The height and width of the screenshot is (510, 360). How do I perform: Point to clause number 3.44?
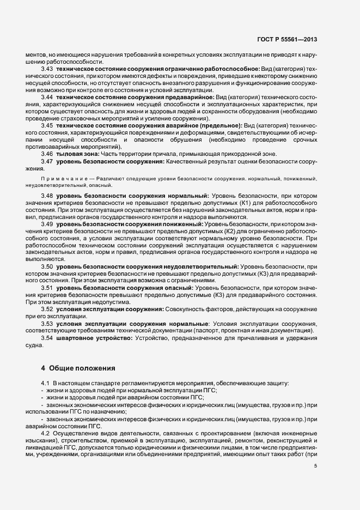coord(47,96)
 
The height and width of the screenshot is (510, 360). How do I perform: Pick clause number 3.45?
coord(47,125)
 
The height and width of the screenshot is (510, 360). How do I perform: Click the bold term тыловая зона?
coord(74,153)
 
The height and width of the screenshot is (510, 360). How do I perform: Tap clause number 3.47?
coord(47,162)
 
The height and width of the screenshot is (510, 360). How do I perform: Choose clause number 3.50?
coord(47,266)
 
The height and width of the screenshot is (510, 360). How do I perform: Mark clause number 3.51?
coord(47,287)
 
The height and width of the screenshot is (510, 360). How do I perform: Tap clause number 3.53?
coord(47,323)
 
